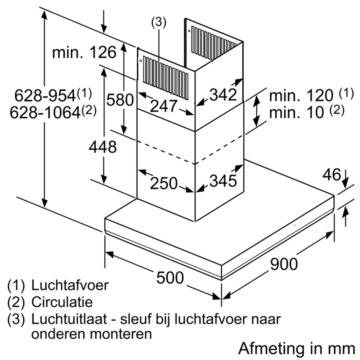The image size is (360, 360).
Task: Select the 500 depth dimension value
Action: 170,278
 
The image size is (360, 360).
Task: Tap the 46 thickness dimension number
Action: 332,175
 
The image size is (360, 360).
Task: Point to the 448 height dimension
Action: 102,147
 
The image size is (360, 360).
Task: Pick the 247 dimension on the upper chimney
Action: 164,106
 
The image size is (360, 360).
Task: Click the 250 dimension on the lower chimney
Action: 164,183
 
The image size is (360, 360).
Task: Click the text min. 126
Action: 84,52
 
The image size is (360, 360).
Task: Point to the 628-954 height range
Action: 45,96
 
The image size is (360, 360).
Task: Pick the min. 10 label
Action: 296,112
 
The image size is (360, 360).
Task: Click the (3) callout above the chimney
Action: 158,23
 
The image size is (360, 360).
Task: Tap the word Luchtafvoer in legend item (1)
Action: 70,286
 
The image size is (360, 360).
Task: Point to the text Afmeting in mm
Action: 296,348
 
